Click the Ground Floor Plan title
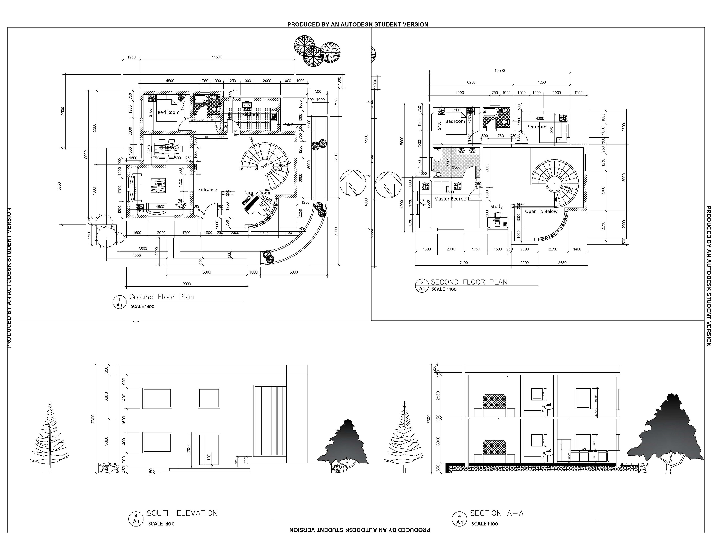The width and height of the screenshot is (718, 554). coord(161,297)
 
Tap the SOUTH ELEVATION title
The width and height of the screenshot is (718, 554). coord(182,513)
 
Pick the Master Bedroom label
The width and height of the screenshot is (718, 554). coord(452,199)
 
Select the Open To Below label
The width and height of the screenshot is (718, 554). coord(541,212)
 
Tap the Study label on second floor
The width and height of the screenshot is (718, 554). coord(496,207)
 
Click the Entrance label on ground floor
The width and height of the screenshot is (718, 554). coord(207,190)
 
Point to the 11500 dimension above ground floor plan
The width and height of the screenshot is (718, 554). coord(217,57)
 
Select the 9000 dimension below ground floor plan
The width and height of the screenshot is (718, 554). coord(186,284)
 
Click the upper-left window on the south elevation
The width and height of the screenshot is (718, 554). coord(157,398)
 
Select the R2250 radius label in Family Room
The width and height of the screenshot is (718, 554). coord(265,207)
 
